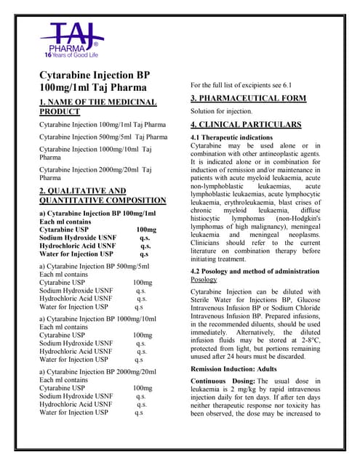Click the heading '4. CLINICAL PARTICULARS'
click(x=245, y=124)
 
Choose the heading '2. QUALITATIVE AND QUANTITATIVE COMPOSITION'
click(x=103, y=195)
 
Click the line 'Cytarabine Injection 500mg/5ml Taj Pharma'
click(x=103, y=137)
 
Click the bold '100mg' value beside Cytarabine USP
click(x=146, y=229)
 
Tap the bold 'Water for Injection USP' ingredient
click(x=76, y=254)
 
